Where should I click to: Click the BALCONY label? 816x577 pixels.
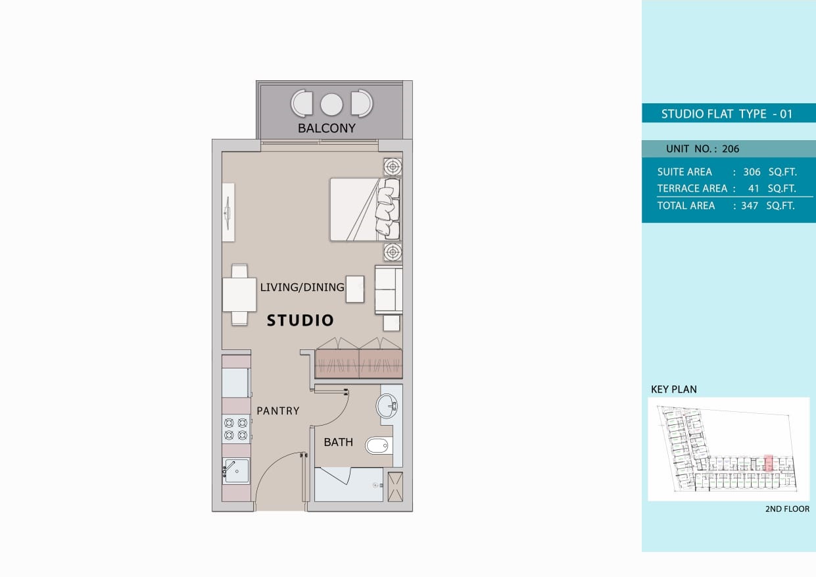326,128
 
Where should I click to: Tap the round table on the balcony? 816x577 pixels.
331,104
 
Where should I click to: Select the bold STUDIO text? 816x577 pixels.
300,321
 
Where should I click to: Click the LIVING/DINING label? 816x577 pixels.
302,288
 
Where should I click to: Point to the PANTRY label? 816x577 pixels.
277,411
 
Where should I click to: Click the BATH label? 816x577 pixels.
338,442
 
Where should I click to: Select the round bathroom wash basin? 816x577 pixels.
387,406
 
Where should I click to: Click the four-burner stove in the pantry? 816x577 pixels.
235,429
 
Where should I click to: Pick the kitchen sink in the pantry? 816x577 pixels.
236,470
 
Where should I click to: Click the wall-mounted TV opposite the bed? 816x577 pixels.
228,213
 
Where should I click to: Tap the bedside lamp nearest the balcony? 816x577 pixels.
393,166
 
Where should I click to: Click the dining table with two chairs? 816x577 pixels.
239,295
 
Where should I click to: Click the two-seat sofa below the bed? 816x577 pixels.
388,289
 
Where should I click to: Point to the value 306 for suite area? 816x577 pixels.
752,172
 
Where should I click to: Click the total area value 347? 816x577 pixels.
749,206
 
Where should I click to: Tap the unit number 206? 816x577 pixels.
731,149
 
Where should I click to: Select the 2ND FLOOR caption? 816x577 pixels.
787,509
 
